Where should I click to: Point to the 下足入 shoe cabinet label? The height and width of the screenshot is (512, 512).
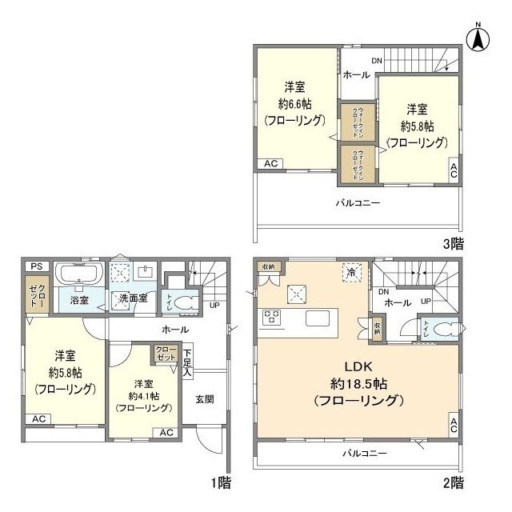click(187, 362)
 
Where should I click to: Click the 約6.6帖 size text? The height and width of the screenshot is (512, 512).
click(295, 103)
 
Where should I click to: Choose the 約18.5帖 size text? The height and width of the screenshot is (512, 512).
click(357, 382)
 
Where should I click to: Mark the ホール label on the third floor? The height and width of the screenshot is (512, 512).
click(356, 74)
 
